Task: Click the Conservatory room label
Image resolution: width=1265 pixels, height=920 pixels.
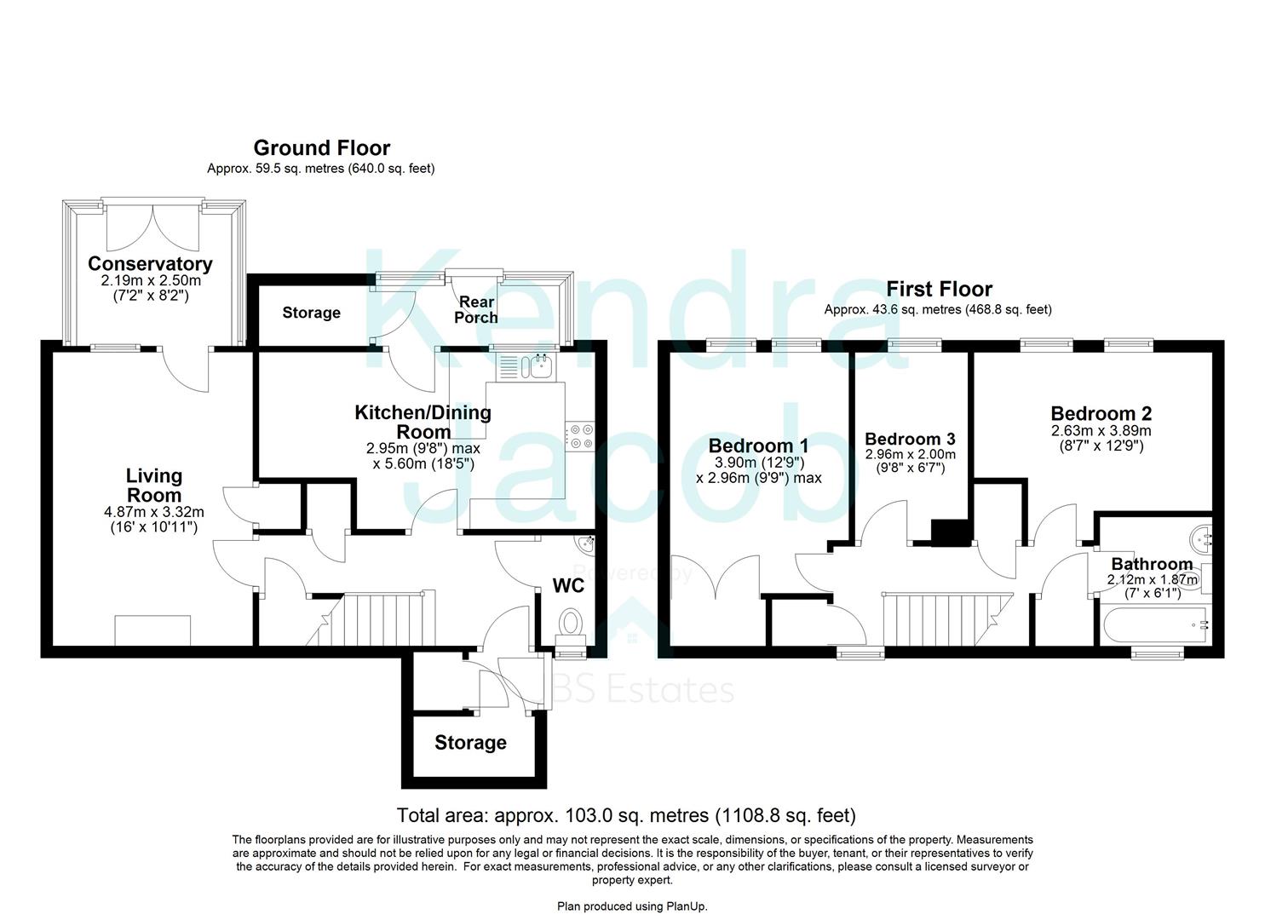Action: click(150, 264)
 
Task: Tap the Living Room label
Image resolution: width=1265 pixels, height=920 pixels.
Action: click(154, 486)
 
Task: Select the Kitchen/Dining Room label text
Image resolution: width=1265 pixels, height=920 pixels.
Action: click(423, 422)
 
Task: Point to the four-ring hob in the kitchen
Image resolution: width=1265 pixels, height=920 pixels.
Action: click(582, 436)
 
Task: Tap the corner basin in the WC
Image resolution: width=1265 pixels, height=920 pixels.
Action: click(587, 543)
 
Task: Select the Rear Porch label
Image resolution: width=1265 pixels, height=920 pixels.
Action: click(476, 309)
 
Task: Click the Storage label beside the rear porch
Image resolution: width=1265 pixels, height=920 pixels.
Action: click(311, 313)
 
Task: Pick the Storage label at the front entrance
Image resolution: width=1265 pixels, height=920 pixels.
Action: click(470, 743)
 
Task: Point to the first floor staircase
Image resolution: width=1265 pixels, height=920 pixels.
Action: click(941, 620)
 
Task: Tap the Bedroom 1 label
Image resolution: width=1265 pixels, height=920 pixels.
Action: click(758, 446)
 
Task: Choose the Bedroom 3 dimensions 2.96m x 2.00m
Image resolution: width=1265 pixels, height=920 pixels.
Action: click(910, 455)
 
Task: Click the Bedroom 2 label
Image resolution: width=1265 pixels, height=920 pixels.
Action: click(1101, 414)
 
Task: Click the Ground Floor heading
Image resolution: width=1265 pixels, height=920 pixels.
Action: click(321, 148)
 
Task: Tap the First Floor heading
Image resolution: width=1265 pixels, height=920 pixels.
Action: click(939, 289)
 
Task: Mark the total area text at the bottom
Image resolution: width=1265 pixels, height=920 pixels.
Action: click(626, 815)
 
